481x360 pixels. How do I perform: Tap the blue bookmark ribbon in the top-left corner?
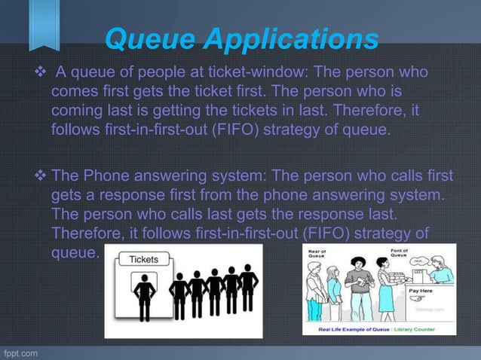(44, 23)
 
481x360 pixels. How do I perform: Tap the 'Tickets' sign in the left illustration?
(144, 260)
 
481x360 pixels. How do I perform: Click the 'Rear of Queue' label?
(317, 255)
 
